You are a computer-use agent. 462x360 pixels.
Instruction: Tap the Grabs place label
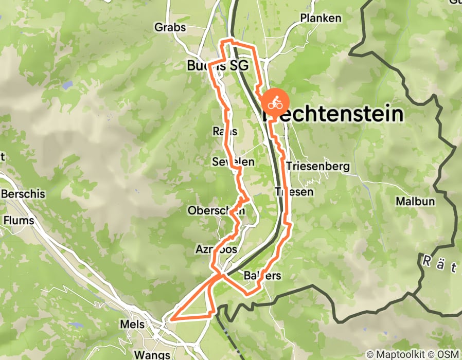[170, 27]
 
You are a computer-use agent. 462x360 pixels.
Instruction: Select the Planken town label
[321, 19]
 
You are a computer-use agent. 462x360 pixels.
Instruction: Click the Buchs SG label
[218, 66]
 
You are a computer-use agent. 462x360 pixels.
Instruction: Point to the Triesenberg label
[318, 166]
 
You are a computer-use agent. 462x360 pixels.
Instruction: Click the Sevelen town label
[233, 162]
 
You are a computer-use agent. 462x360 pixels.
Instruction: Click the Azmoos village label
[217, 249]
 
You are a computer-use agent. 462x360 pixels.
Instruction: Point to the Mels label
[132, 325]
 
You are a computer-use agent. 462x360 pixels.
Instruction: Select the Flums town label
[19, 221]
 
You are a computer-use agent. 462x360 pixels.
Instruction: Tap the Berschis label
[24, 194]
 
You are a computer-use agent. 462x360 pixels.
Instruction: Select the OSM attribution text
[448, 354]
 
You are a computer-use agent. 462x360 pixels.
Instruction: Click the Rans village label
[225, 132]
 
